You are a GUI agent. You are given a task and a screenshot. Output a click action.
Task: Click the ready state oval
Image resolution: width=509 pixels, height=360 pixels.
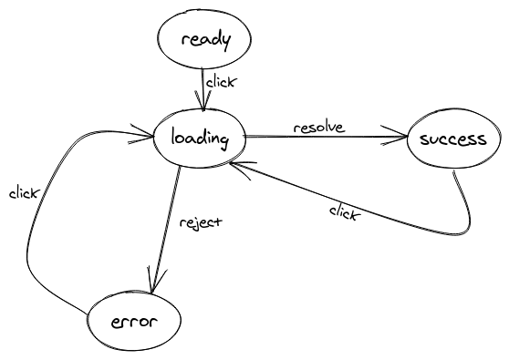pyautogui.click(x=203, y=39)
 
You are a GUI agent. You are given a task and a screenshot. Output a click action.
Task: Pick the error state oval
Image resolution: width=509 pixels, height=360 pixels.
pyautogui.click(x=133, y=321)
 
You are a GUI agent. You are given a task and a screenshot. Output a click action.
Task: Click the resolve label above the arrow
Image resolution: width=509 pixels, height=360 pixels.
pyautogui.click(x=318, y=127)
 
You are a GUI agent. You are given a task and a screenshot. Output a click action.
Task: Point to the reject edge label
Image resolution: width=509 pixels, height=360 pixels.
pyautogui.click(x=200, y=221)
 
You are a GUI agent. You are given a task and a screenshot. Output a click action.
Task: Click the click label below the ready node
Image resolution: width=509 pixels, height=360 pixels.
pyautogui.click(x=221, y=82)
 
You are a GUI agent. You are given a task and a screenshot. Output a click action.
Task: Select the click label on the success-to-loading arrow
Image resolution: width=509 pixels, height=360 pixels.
pyautogui.click(x=344, y=212)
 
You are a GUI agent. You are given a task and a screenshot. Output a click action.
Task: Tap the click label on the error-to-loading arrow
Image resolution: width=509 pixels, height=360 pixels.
pyautogui.click(x=23, y=193)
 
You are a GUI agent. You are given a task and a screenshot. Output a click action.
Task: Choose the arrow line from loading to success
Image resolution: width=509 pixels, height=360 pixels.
pyautogui.click(x=328, y=139)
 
